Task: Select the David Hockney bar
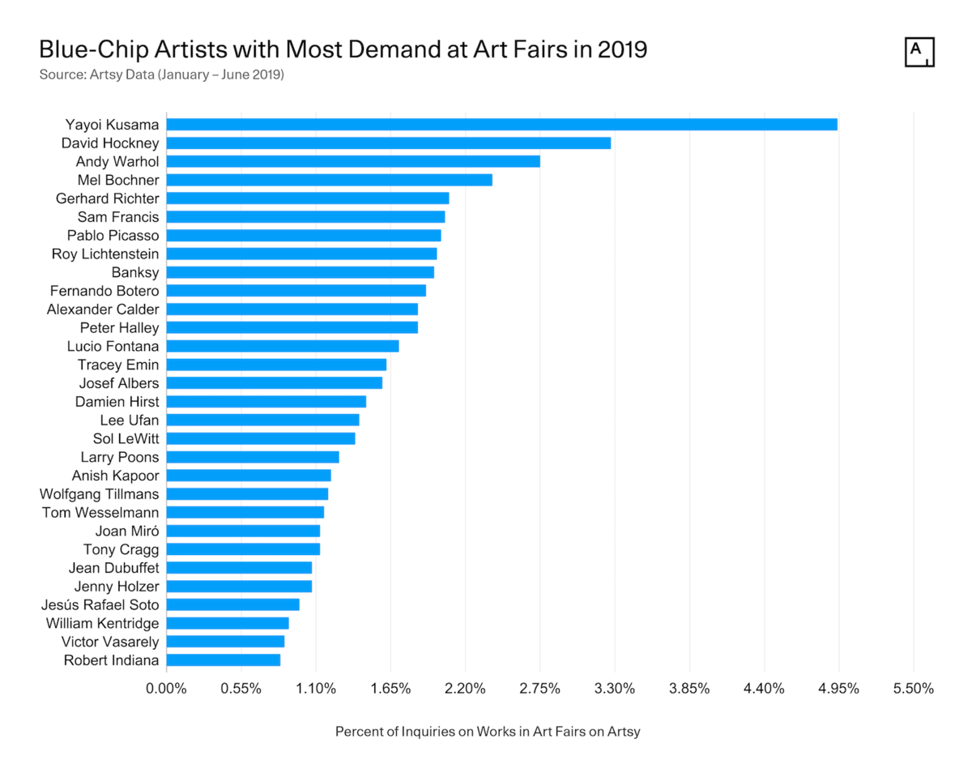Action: pyautogui.click(x=388, y=143)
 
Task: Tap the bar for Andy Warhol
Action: pyautogui.click(x=353, y=161)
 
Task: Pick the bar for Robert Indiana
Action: pyautogui.click(x=223, y=660)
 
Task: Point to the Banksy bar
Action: pyautogui.click(x=300, y=272)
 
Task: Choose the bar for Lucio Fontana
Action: pyautogui.click(x=282, y=346)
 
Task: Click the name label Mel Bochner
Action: pyautogui.click(x=118, y=180)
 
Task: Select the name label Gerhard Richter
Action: pyautogui.click(x=107, y=199)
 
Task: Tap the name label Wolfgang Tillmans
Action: pyautogui.click(x=100, y=493)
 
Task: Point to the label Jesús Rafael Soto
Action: pyautogui.click(x=100, y=604)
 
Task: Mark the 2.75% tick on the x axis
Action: pyautogui.click(x=540, y=689)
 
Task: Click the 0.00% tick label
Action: pyautogui.click(x=166, y=689)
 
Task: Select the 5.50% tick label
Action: pyautogui.click(x=914, y=689)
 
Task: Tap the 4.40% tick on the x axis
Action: pyautogui.click(x=764, y=689)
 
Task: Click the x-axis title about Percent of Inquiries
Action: pyautogui.click(x=488, y=732)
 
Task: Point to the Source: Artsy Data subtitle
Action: pyautogui.click(x=161, y=75)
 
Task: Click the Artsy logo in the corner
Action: pyautogui.click(x=919, y=52)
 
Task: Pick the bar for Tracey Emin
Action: pyautogui.click(x=276, y=365)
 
